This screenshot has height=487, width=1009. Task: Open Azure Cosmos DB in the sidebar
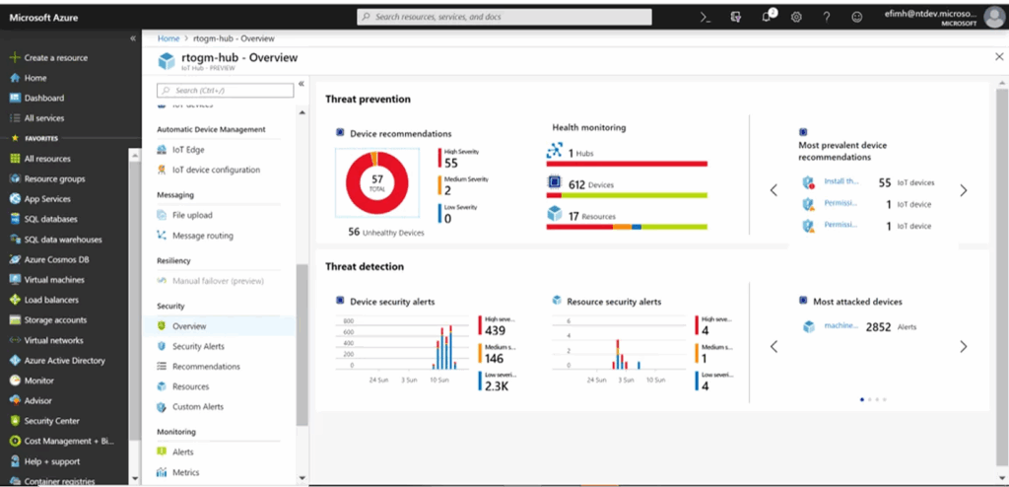click(x=57, y=259)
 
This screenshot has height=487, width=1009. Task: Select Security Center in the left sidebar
click(x=51, y=421)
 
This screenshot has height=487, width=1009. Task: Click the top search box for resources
click(x=504, y=17)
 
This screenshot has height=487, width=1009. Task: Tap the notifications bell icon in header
click(x=767, y=17)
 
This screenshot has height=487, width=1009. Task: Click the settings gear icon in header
click(x=796, y=17)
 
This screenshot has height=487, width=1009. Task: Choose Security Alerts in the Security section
click(x=198, y=346)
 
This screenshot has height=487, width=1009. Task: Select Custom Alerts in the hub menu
click(x=197, y=406)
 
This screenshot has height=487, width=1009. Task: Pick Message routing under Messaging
click(x=202, y=236)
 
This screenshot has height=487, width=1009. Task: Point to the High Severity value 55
click(x=451, y=163)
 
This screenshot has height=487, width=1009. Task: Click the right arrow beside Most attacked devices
click(x=963, y=346)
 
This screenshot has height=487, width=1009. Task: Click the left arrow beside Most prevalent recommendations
click(x=774, y=190)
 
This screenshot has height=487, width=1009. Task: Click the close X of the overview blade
click(x=999, y=58)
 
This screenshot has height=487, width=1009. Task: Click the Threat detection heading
click(x=365, y=266)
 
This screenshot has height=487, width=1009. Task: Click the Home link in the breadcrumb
click(x=168, y=37)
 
